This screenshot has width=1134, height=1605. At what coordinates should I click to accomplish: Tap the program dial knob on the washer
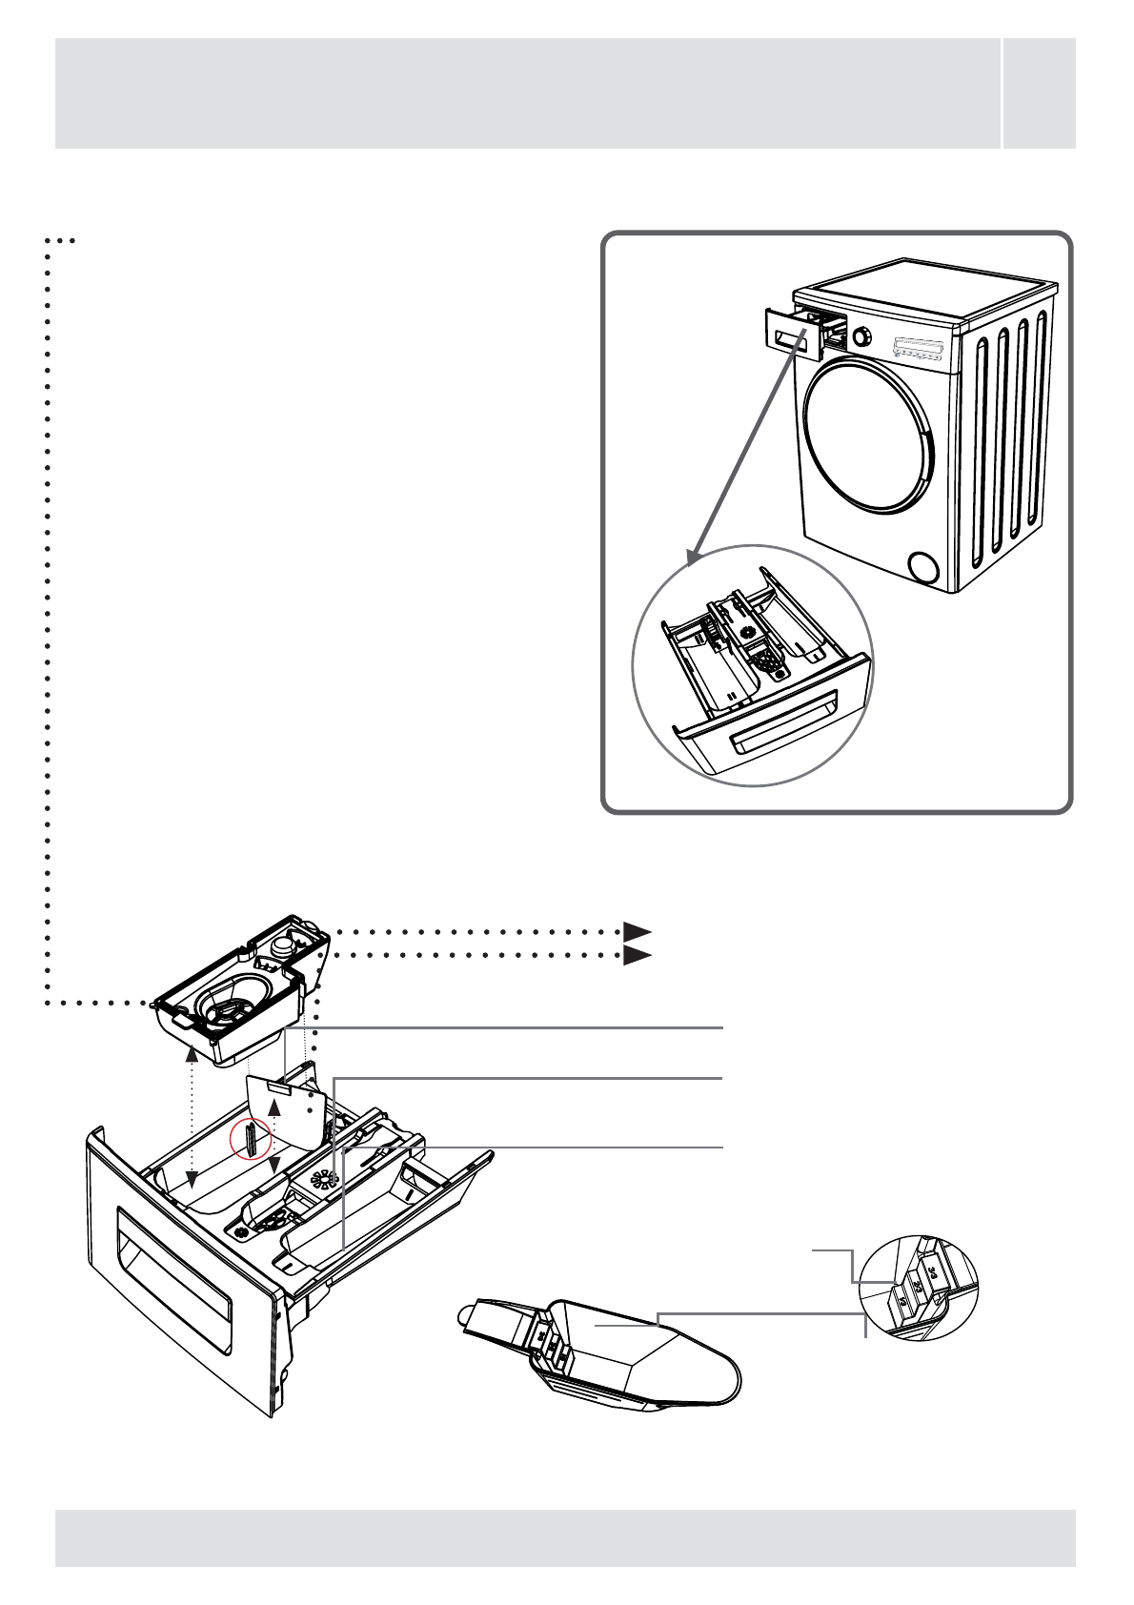tap(862, 336)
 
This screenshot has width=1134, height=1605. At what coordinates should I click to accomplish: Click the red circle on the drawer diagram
tap(252, 1139)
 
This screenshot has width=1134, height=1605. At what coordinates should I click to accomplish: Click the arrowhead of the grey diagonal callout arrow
tap(693, 555)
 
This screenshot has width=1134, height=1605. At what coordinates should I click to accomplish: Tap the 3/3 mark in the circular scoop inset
tap(932, 1271)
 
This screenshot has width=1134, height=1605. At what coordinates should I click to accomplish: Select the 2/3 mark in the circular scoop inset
tap(917, 1286)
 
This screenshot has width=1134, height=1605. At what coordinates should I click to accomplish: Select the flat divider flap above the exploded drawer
tap(286, 1110)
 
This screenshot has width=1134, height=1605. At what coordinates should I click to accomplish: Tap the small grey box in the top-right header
tap(1040, 92)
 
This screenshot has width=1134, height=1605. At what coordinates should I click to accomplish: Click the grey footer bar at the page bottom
tap(565, 1537)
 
